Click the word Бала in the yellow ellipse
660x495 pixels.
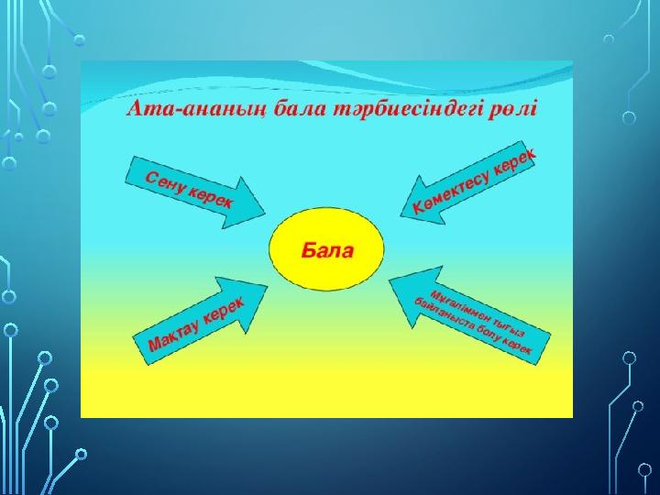pos(327,250)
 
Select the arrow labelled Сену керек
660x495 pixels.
pos(195,192)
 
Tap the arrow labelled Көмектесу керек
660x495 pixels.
pos(468,182)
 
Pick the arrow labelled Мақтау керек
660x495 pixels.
pos(201,320)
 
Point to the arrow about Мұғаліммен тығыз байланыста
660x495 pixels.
pos(469,315)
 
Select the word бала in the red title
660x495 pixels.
pos(300,110)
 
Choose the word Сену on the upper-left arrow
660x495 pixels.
pos(165,183)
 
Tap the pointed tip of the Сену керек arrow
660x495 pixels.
pos(266,214)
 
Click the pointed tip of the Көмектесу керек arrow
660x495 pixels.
pos(400,216)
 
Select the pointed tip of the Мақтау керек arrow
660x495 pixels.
pos(268,286)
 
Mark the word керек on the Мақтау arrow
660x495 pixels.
pos(224,310)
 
